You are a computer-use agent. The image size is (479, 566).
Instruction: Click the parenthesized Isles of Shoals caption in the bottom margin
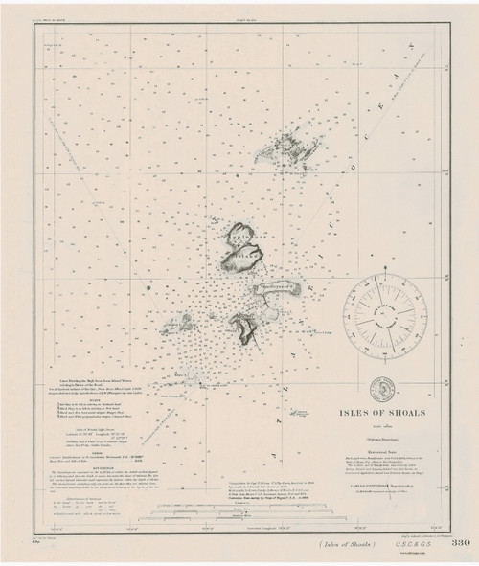[x=340, y=545]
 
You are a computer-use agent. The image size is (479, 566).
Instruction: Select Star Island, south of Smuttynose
[x=248, y=328]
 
